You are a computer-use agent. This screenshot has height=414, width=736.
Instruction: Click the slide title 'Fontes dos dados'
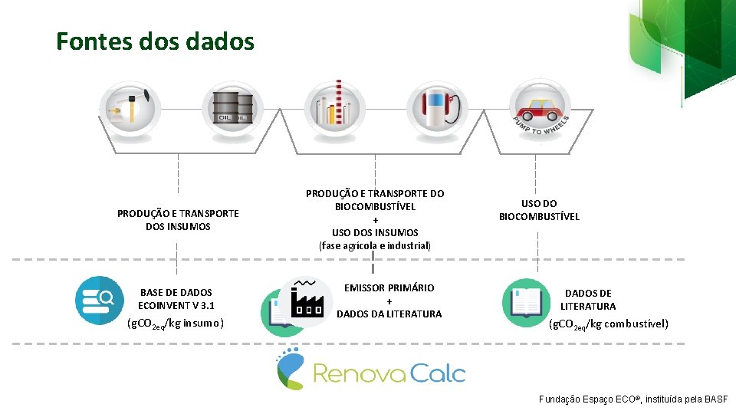155,41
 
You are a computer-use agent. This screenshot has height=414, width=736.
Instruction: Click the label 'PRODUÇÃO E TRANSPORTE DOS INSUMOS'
178,220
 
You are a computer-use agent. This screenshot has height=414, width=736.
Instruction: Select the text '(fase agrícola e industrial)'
375,246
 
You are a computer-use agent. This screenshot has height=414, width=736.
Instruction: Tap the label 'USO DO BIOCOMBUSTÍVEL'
539,210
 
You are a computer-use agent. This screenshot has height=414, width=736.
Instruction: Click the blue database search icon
99,298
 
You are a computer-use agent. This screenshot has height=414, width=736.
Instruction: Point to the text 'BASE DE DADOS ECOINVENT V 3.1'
176,299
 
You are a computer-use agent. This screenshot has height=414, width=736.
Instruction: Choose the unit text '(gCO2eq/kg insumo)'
176,324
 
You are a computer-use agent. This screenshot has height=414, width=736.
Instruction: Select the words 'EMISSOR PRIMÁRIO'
389,287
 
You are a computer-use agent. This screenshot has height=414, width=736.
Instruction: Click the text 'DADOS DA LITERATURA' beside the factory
389,314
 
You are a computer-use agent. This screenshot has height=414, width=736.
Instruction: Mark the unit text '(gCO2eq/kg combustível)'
609,324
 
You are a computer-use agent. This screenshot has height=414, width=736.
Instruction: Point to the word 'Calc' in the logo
436,373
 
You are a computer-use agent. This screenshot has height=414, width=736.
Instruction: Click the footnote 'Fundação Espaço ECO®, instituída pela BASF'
633,399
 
